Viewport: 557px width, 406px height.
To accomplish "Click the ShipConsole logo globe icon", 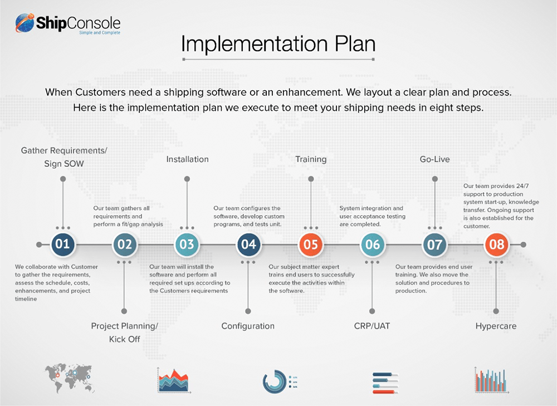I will (x=25, y=23).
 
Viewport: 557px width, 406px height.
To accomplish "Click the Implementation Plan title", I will (x=278, y=44).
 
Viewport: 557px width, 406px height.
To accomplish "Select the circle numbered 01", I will (x=62, y=244).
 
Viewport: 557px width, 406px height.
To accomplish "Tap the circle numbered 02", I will (x=124, y=244).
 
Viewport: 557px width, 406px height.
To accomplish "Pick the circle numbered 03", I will (x=187, y=244).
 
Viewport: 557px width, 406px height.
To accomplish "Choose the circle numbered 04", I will (x=248, y=244).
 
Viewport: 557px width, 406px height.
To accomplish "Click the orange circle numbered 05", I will (x=310, y=244).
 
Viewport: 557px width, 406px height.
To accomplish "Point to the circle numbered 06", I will (x=372, y=244).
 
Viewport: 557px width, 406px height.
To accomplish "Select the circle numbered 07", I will (x=434, y=244).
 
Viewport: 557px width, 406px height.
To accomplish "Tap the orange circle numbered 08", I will (x=496, y=244).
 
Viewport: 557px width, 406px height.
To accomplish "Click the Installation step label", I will (x=187, y=159).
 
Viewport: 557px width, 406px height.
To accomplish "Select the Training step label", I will (x=310, y=159).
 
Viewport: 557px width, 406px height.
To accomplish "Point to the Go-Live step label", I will (x=434, y=159).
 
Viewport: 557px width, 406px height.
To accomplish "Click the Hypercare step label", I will (x=496, y=326).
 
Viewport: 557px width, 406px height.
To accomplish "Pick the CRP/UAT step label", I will (x=372, y=326).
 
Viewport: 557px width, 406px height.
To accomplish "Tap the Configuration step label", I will (x=248, y=326).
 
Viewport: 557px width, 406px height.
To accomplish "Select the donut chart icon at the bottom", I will (x=274, y=381).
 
